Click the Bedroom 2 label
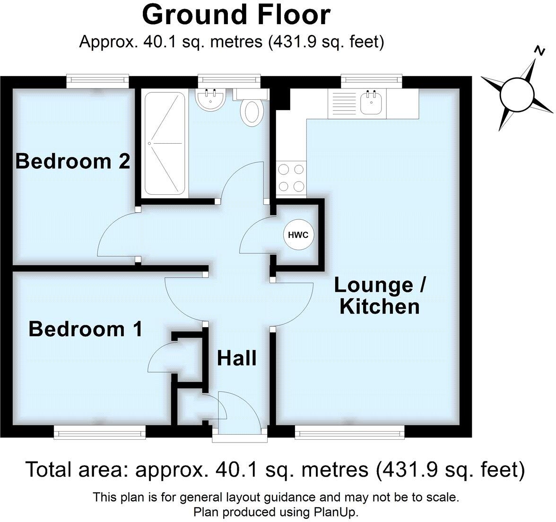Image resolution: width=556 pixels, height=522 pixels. point(72,161)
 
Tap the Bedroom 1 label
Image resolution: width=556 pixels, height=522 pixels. point(85,329)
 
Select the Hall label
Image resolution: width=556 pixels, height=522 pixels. point(236,358)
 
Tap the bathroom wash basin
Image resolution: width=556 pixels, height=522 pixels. point(210,99)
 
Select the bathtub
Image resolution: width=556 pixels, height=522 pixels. point(165,143)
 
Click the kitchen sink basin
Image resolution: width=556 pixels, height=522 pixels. point(372,103)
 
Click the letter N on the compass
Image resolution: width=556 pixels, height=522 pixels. point(539,50)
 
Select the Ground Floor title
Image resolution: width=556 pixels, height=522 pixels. point(236,15)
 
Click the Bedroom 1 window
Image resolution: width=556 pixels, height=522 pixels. point(99,432)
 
